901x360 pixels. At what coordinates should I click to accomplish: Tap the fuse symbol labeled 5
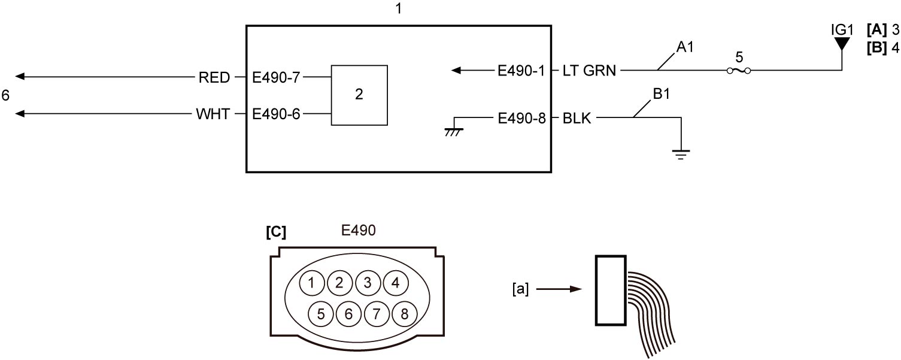(739, 71)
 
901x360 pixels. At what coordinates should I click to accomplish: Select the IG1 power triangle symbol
(842, 44)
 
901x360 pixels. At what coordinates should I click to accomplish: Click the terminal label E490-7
(276, 77)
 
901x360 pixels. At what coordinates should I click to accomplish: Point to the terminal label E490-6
(276, 114)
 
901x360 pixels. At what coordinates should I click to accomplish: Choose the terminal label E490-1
(521, 71)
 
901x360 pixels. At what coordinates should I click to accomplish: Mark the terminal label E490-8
(521, 118)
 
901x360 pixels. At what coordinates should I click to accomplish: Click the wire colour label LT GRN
(589, 71)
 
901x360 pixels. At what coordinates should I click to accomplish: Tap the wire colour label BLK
(577, 118)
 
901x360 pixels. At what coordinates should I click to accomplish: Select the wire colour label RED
(214, 77)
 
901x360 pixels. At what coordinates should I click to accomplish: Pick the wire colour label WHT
(213, 114)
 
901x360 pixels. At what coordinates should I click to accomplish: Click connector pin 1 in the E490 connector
(312, 283)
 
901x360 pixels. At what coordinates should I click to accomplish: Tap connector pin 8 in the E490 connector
(404, 314)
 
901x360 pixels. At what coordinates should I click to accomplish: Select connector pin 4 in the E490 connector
(396, 283)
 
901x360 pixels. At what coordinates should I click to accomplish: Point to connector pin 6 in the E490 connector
(348, 314)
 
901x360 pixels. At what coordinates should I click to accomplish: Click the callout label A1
(685, 47)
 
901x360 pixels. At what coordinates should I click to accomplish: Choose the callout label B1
(662, 94)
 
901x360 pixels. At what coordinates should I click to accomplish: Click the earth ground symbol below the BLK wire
(681, 155)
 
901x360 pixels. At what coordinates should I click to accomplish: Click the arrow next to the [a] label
(559, 289)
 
